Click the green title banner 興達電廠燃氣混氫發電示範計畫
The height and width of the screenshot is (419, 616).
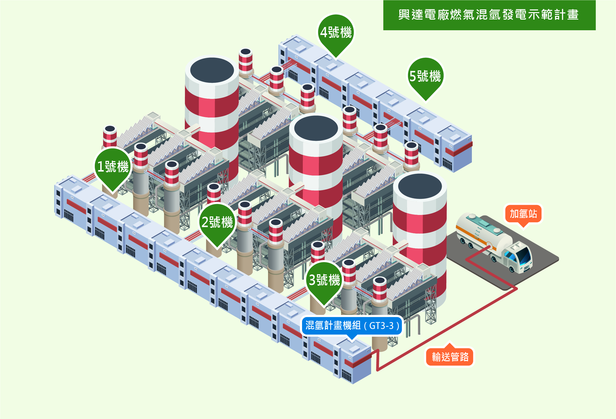click(489, 15)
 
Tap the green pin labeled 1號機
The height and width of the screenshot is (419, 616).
click(113, 167)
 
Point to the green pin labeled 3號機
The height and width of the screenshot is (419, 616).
click(324, 280)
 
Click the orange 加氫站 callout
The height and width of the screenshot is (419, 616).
click(523, 214)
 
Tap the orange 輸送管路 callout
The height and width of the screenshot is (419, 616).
click(450, 357)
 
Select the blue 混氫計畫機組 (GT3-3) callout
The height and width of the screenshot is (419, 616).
click(352, 326)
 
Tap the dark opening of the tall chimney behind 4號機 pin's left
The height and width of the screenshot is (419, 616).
click(212, 70)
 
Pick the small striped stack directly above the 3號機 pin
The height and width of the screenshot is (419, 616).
click(317, 252)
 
